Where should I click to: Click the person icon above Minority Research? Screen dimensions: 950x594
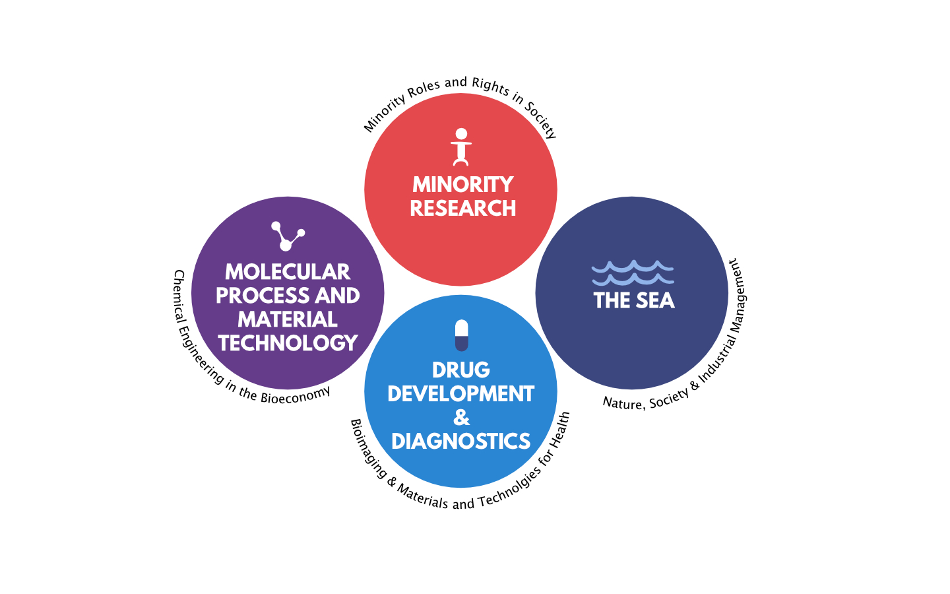[461, 147]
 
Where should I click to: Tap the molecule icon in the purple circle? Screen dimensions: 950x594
[288, 236]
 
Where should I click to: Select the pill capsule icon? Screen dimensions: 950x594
[461, 335]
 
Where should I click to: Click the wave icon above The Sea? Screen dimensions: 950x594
[633, 273]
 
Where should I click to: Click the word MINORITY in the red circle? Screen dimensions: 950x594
[462, 185]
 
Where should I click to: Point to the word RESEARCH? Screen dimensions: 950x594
[462, 209]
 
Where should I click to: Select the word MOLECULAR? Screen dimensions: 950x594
[288, 272]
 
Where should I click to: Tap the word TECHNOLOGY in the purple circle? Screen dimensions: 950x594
[288, 343]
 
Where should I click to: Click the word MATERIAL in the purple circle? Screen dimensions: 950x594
[288, 319]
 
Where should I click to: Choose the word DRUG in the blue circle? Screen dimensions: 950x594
[461, 370]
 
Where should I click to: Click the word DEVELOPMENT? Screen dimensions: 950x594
[461, 394]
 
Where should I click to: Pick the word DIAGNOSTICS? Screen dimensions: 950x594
[461, 442]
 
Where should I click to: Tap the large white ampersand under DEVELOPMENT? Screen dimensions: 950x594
[461, 418]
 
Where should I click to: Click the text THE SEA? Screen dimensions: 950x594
[633, 301]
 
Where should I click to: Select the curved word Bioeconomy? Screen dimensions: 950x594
[296, 395]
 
